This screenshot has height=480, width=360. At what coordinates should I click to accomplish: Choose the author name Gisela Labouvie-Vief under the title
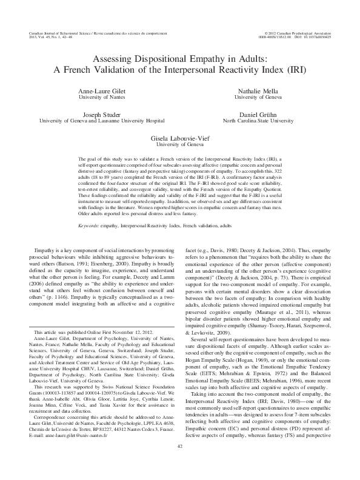point(180,139)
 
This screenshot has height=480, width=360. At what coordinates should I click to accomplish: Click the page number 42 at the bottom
point(180,464)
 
